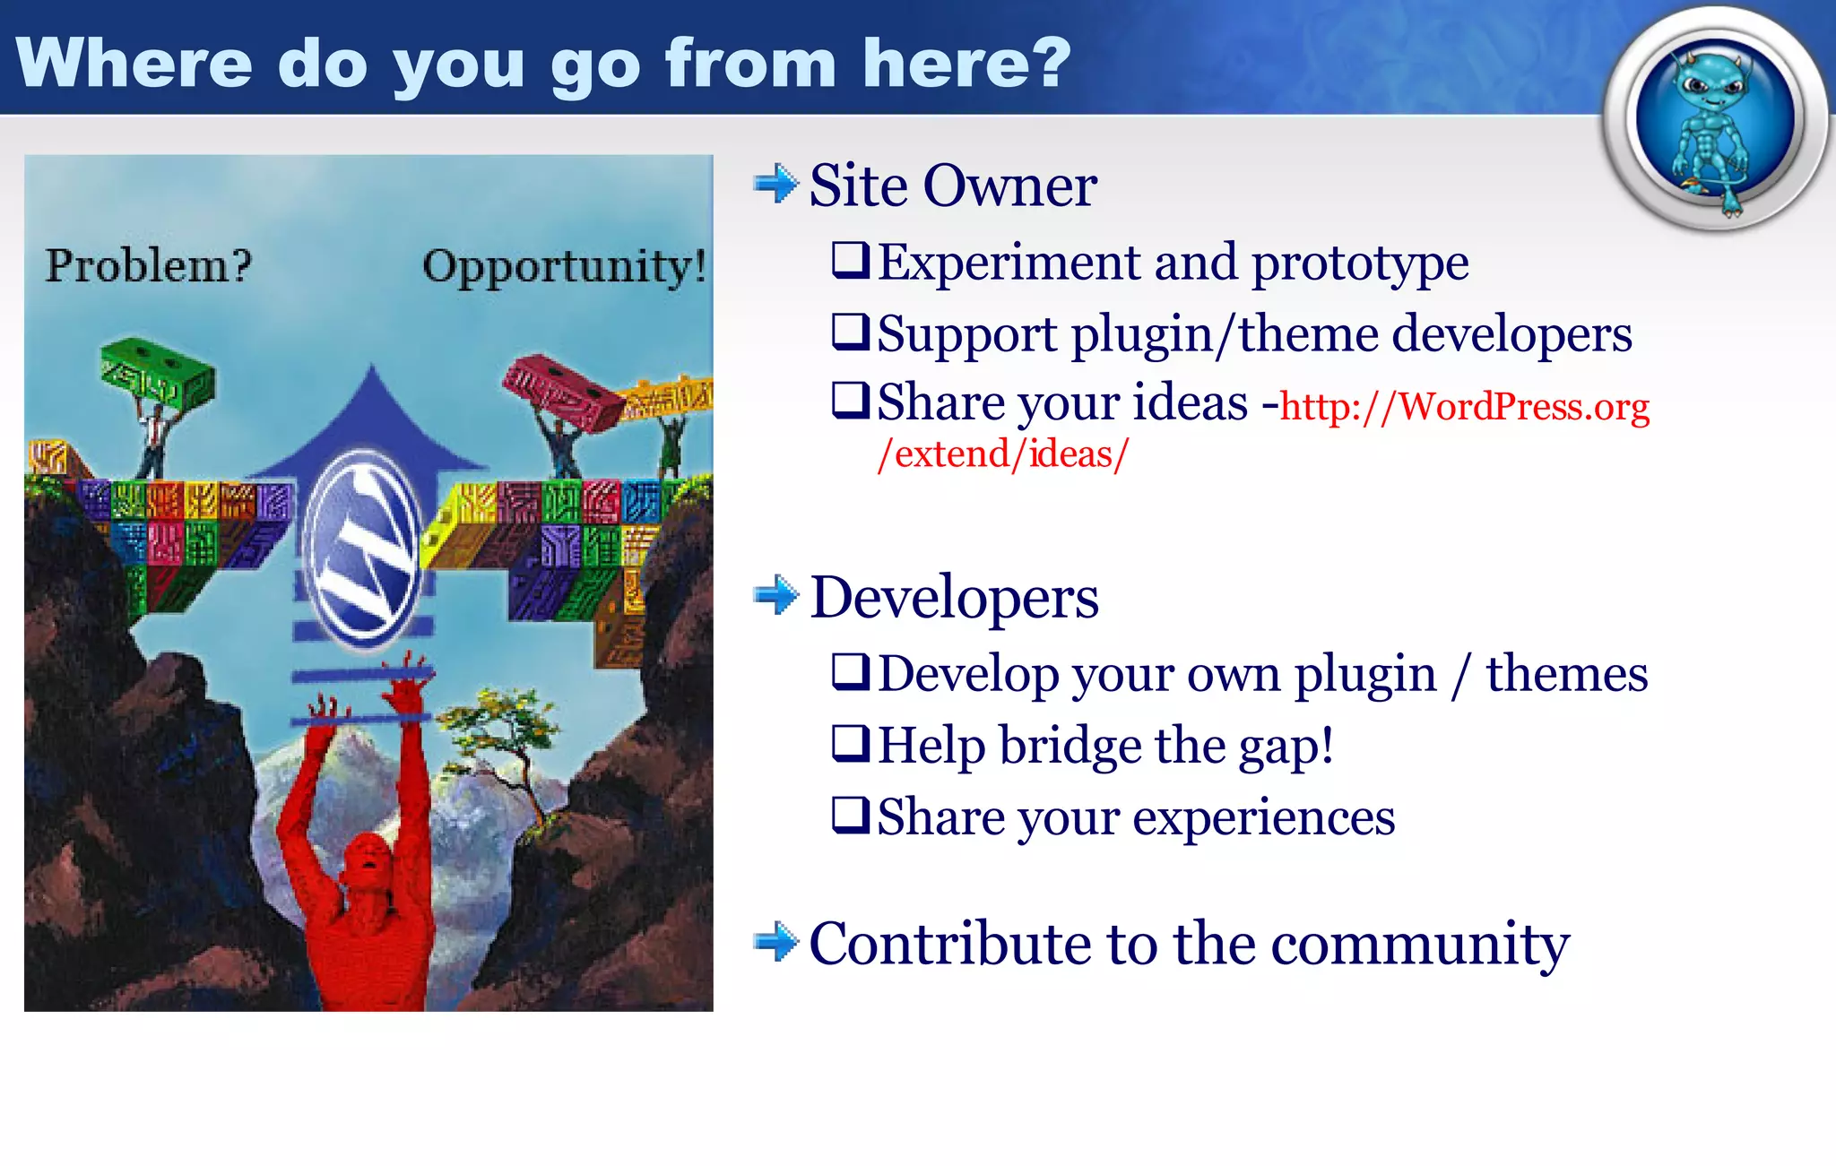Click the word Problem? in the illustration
pos(148,266)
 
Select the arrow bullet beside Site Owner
pos(775,185)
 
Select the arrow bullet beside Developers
pos(775,596)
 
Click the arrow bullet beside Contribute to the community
pos(775,942)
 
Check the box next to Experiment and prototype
pos(850,261)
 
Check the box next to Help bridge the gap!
pos(850,744)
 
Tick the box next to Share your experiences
pos(850,815)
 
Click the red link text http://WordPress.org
pos(1464,408)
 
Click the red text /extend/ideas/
pos(1002,454)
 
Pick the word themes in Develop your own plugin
pos(1566,674)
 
